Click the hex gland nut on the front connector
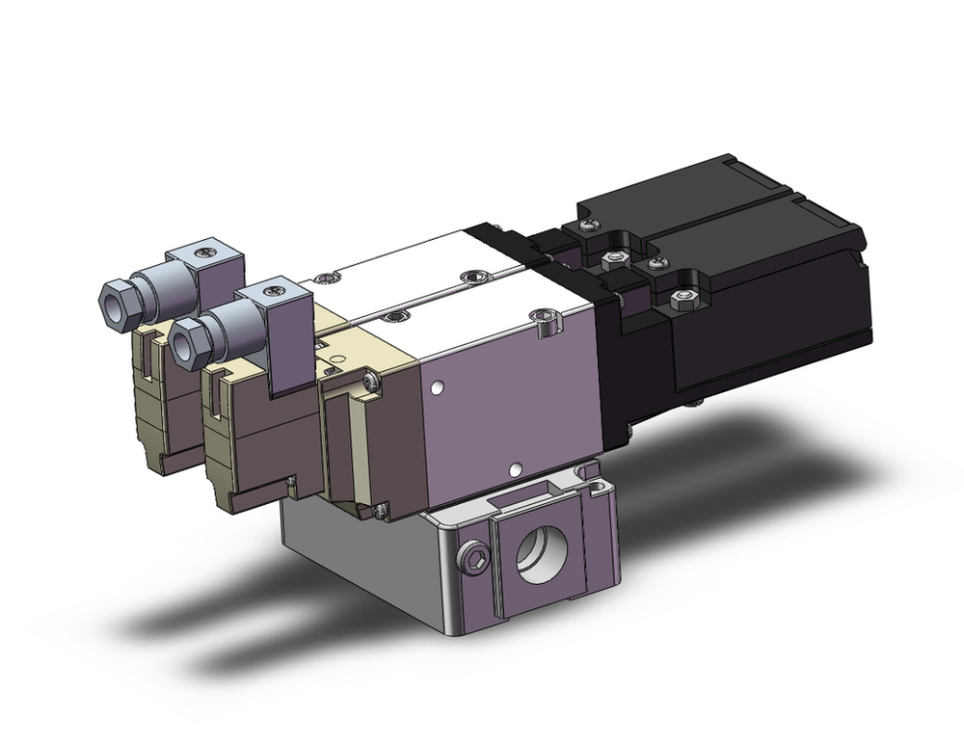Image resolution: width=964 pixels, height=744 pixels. click(189, 337)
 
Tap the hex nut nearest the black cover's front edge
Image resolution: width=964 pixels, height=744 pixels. click(683, 302)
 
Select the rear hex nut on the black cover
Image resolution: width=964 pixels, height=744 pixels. click(610, 257)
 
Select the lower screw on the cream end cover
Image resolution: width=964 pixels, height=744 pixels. click(382, 508)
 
